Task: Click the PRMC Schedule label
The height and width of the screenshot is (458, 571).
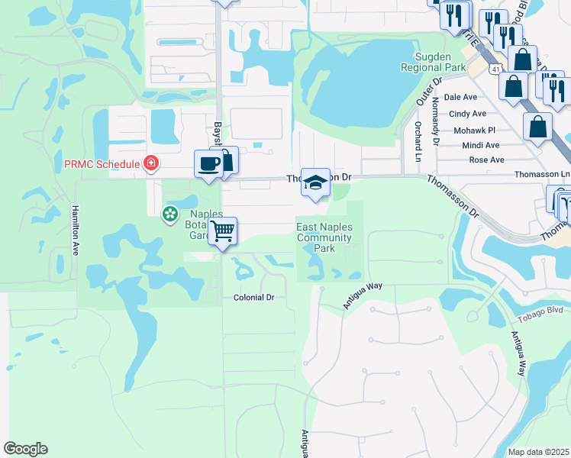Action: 102,164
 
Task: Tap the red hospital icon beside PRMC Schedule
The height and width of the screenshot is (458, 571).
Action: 151,163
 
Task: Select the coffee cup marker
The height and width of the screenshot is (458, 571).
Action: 208,164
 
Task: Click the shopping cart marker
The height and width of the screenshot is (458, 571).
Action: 223,231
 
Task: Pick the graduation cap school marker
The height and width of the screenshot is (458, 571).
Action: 316,182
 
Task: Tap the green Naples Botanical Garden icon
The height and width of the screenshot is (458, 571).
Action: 169,215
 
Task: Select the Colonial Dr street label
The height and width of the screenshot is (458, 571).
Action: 247,297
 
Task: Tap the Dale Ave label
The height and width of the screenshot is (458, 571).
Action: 460,97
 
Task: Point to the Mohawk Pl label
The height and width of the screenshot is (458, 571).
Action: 474,131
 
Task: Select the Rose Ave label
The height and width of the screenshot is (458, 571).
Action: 486,160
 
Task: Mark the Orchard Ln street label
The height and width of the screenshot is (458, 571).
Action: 418,134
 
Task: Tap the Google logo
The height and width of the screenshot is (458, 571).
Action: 25,449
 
